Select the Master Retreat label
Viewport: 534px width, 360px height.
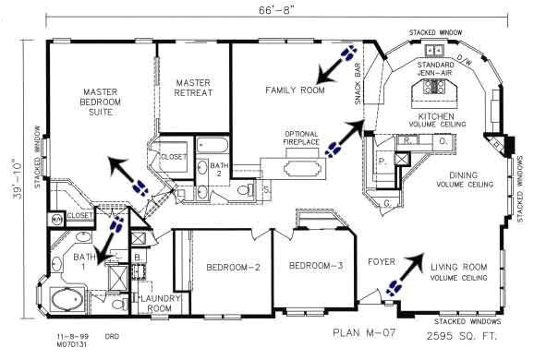193,88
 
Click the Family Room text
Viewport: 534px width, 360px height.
295,90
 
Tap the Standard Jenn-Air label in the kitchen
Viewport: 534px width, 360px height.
435,70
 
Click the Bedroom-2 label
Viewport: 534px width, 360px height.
231,268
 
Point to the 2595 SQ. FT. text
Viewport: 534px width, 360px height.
451,333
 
